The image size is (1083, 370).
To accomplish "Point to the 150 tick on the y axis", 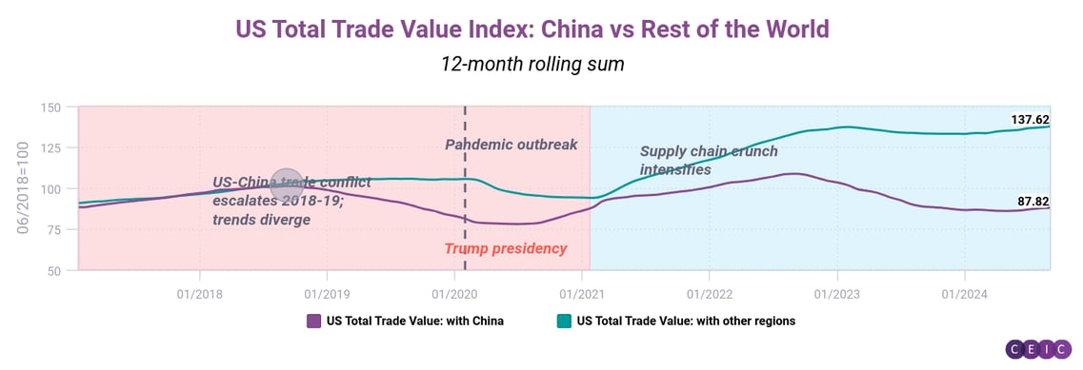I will pyautogui.click(x=51, y=107).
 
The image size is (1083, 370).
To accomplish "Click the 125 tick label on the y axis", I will pyautogui.click(x=51, y=148).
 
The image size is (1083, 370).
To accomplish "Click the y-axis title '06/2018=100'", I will pyautogui.click(x=24, y=189).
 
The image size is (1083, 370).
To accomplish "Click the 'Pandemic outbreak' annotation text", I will pyautogui.click(x=511, y=145).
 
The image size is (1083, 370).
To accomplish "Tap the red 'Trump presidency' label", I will pyautogui.click(x=505, y=248).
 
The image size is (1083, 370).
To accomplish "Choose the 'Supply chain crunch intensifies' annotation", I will pyautogui.click(x=708, y=160).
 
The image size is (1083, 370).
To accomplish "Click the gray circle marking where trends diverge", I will pyautogui.click(x=288, y=185).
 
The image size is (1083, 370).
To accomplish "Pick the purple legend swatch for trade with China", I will pyautogui.click(x=313, y=321).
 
